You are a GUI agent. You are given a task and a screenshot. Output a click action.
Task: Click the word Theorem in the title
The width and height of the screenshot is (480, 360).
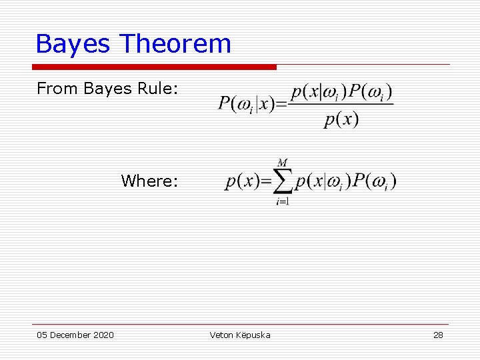click(x=175, y=44)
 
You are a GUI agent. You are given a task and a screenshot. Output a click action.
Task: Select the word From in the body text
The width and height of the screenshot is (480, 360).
click(x=57, y=89)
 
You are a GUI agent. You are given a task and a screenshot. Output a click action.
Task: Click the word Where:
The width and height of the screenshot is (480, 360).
click(x=149, y=181)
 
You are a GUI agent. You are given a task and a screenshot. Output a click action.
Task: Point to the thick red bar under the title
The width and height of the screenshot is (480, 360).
click(x=154, y=67)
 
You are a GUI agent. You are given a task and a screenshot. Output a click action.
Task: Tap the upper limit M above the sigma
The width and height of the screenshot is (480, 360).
click(x=283, y=163)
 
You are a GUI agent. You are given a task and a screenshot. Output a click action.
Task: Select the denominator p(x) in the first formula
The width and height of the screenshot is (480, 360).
click(x=341, y=120)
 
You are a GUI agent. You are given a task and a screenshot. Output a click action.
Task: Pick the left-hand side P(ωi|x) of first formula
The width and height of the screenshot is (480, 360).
click(x=247, y=105)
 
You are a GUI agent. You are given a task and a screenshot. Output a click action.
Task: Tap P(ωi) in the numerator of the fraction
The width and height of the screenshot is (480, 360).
click(x=371, y=92)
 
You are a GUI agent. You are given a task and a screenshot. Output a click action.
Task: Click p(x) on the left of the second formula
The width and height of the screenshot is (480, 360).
click(x=243, y=181)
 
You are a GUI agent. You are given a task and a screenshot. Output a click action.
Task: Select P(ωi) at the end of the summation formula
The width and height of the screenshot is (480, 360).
click(x=375, y=181)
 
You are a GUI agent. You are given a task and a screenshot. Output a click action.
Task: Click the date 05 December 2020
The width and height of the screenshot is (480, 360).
click(x=75, y=335)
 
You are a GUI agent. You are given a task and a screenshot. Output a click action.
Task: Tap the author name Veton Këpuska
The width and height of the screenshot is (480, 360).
click(x=240, y=335)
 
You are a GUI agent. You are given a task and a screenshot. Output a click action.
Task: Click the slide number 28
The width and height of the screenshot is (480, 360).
click(x=438, y=335)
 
